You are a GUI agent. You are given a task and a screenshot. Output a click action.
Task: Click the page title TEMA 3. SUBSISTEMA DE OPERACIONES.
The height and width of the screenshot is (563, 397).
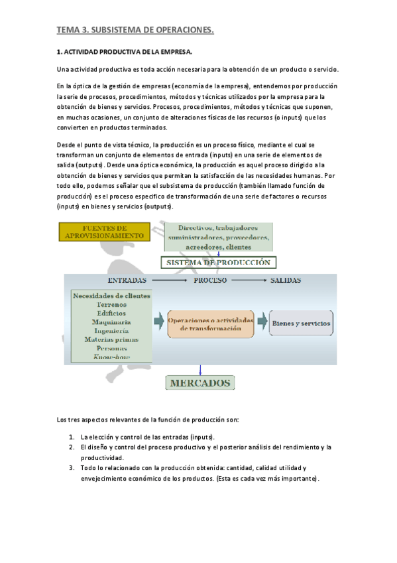point(135,29)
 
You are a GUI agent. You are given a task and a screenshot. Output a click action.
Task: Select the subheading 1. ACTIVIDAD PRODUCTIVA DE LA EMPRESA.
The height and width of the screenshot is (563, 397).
point(125,52)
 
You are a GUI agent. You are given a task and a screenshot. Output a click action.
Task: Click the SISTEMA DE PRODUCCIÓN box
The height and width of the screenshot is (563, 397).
point(219,262)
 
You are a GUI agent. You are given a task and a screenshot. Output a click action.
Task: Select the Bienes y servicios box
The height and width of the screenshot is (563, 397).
point(301,323)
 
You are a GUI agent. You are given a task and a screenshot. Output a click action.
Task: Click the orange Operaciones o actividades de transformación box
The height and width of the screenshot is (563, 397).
point(211,324)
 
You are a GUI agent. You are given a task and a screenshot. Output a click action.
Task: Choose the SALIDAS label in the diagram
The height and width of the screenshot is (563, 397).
point(286,281)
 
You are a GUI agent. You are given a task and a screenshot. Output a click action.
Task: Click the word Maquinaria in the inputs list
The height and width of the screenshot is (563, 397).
point(111,322)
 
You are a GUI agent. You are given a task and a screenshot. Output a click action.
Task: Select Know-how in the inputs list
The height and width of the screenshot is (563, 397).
point(111,357)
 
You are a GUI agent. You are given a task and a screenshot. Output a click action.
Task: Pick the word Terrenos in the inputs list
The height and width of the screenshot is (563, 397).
point(111,305)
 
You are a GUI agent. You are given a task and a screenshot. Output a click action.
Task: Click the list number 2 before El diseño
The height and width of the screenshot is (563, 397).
point(71,447)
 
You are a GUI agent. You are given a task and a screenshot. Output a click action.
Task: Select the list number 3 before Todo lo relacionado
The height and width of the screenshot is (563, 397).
point(71,468)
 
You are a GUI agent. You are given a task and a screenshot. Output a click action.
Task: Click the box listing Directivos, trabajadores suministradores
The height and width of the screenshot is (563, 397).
point(218,236)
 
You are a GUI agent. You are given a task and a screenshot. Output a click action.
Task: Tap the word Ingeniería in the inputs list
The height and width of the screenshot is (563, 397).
point(111,331)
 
